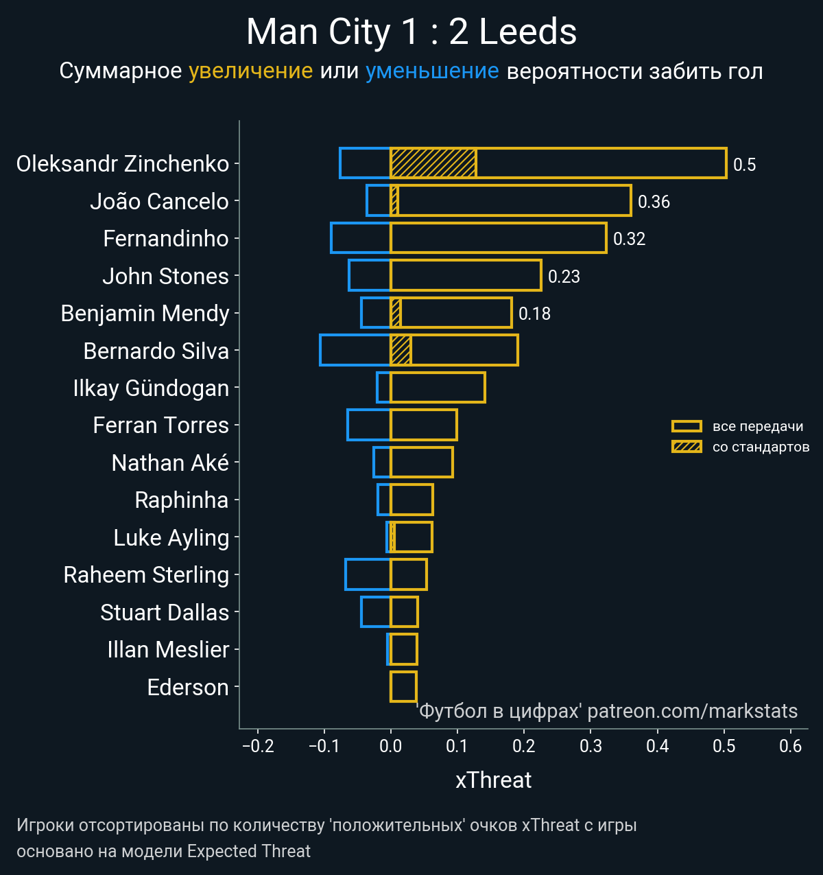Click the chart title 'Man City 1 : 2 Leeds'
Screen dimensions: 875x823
(x=411, y=32)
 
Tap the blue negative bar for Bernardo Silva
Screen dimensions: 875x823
(x=355, y=350)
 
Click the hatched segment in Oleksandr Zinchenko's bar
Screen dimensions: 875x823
(x=433, y=163)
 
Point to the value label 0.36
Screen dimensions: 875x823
(x=654, y=202)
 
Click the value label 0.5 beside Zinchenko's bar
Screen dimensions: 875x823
(x=744, y=165)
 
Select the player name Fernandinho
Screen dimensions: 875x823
(x=165, y=239)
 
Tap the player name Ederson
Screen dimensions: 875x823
(x=187, y=687)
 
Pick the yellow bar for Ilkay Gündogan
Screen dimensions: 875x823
(x=438, y=387)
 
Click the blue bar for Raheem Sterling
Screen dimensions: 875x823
(x=368, y=574)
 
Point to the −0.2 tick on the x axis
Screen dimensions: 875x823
(x=258, y=747)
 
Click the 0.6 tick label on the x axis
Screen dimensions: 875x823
(x=790, y=747)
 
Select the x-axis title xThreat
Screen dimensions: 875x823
(x=493, y=780)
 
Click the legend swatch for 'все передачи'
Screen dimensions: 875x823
(x=687, y=426)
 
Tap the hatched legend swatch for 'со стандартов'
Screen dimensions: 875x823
(x=687, y=447)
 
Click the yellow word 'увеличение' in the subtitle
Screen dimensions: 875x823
(x=250, y=71)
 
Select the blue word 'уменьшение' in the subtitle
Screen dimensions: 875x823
(x=432, y=71)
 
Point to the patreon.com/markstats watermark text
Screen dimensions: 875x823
(x=692, y=711)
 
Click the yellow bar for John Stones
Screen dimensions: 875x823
(x=466, y=275)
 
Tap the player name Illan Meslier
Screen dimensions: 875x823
(x=168, y=650)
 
